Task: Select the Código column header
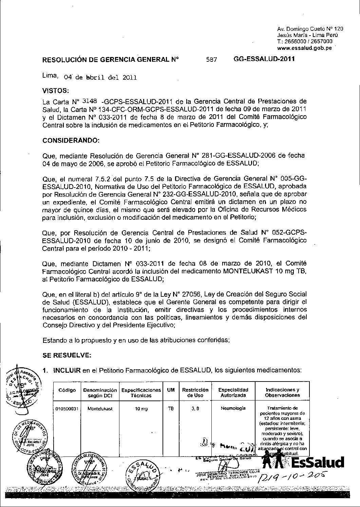point(67,390)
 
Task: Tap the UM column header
point(170,390)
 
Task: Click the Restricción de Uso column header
point(195,392)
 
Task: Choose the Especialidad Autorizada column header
point(233,392)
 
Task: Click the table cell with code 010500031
point(67,409)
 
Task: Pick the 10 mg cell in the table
point(141,409)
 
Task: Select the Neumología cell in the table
point(233,408)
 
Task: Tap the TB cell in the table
point(170,409)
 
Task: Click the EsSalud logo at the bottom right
point(304,462)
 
